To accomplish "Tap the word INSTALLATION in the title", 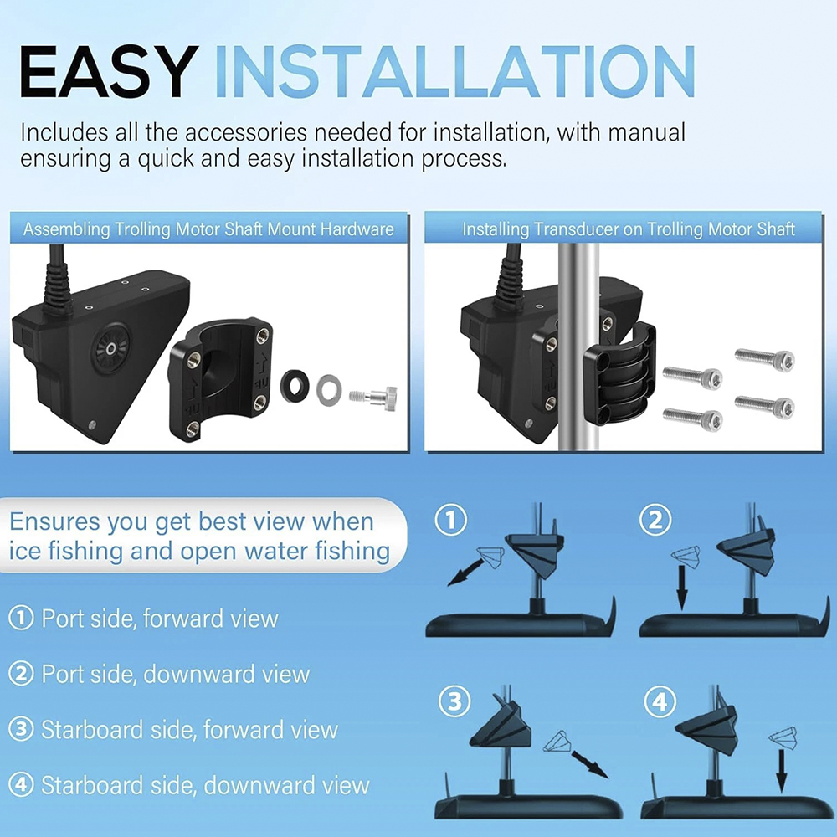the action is click(454, 71).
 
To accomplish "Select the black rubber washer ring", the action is click(295, 386).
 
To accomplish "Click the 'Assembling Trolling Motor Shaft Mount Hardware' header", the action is click(208, 229).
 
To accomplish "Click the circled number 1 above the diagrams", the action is click(451, 521).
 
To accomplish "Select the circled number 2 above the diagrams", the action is click(656, 521).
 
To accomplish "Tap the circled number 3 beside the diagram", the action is click(454, 701).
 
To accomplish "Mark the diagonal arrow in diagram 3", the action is click(590, 764).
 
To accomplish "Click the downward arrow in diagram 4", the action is click(782, 771).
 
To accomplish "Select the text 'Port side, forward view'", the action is click(160, 619).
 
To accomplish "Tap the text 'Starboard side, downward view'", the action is click(206, 786).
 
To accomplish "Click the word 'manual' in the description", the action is click(646, 132).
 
